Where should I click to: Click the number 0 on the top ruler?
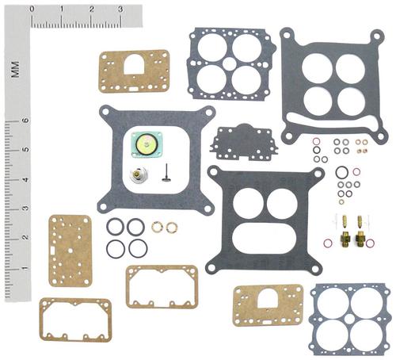pos(32,9)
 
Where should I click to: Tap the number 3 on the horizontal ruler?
pos(120,9)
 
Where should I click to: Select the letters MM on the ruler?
pos(15,70)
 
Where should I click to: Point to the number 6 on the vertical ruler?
pos(25,121)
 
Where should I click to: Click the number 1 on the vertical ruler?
pos(25,269)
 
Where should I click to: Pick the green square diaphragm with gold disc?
pos(147,145)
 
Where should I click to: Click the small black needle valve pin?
pos(166,173)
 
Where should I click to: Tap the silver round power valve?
pos(139,174)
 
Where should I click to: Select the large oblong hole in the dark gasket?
pos(265,238)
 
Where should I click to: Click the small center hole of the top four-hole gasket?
pos(229,63)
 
